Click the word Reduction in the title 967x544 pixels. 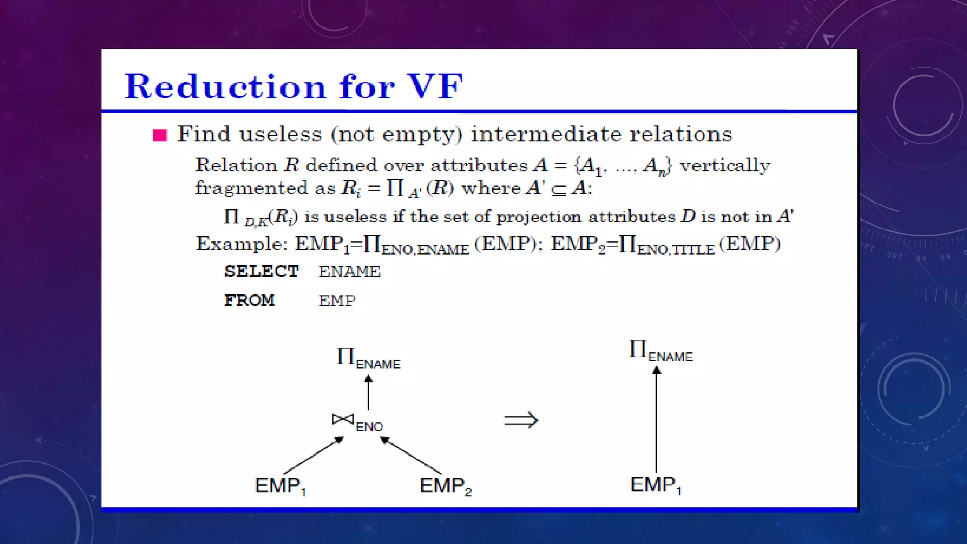(225, 87)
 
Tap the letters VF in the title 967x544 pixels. (435, 87)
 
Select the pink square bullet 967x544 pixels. (160, 136)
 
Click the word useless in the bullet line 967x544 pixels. (280, 134)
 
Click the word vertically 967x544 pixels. (725, 166)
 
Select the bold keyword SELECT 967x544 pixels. (261, 272)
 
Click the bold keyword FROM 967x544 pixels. (249, 300)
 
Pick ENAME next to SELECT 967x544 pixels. (349, 272)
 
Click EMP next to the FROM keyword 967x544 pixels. (337, 300)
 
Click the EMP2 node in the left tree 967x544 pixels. (445, 486)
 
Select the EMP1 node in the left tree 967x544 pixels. (280, 486)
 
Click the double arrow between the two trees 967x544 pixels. (521, 420)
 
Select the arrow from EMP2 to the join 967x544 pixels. (411, 455)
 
